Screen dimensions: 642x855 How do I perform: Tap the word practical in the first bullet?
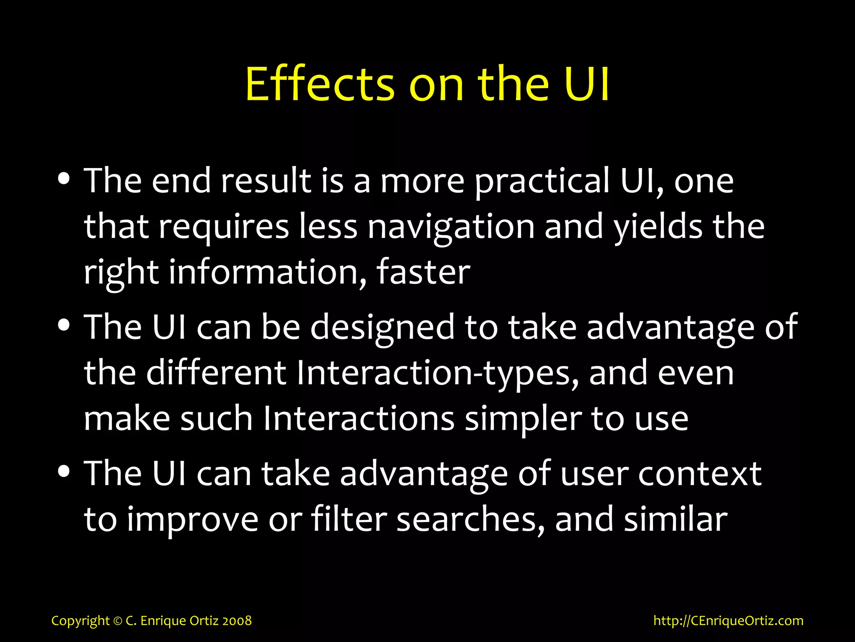(x=542, y=182)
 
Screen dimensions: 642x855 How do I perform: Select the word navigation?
(x=451, y=228)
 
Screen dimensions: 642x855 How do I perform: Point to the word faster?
(x=423, y=273)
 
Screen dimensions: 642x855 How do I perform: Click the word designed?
(x=382, y=329)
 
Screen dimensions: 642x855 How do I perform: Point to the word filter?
(x=349, y=520)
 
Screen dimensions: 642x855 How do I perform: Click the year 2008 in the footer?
(x=237, y=621)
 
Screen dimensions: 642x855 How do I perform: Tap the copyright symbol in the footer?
(x=118, y=621)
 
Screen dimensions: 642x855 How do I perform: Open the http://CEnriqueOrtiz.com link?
(x=728, y=621)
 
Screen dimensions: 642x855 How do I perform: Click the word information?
(x=267, y=273)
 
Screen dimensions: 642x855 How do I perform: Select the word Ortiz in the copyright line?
(x=205, y=621)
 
